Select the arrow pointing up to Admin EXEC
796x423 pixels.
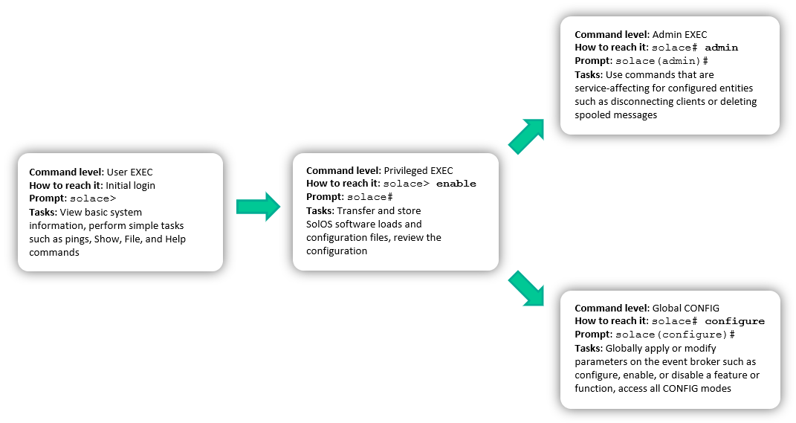click(527, 135)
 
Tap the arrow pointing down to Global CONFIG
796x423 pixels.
click(527, 288)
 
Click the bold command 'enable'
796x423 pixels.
click(456, 184)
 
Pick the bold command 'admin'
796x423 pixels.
click(721, 48)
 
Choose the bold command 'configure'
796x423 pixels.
click(734, 321)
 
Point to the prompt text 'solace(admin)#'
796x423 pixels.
click(661, 61)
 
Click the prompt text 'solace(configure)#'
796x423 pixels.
click(675, 335)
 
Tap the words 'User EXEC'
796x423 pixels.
click(129, 172)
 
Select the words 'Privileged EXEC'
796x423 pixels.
click(418, 170)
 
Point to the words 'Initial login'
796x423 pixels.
click(130, 185)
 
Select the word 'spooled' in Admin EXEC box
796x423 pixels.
click(593, 115)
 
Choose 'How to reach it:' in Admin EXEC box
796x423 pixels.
click(606, 48)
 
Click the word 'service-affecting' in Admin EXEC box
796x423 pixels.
click(613, 88)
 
